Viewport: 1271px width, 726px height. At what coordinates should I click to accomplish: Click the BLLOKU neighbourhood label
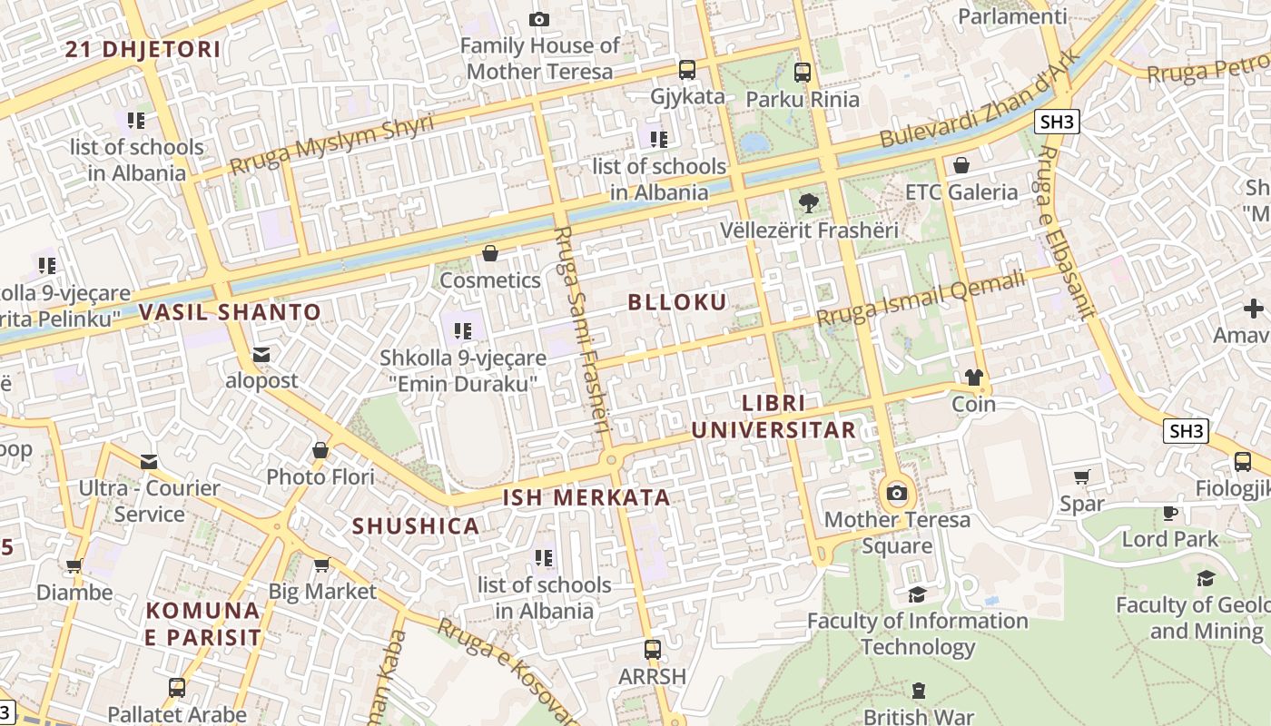(678, 302)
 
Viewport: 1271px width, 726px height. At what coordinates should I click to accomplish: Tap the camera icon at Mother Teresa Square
(897, 493)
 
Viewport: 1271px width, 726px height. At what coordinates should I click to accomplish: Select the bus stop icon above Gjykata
(687, 70)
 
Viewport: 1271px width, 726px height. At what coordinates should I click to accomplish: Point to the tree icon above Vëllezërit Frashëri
(807, 203)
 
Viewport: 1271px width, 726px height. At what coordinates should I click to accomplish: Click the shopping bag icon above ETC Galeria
(961, 165)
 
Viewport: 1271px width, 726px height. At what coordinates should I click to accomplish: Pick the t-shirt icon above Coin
(974, 378)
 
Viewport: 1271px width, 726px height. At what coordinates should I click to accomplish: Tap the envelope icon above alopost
(261, 354)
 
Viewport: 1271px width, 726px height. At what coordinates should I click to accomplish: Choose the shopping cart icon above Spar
(1082, 477)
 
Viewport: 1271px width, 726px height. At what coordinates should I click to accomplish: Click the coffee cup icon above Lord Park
(1170, 513)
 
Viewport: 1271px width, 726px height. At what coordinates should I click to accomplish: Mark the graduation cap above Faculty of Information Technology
(917, 594)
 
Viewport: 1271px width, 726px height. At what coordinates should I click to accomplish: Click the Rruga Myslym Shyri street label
(331, 144)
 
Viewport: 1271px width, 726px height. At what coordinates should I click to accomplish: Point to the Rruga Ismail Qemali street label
(921, 299)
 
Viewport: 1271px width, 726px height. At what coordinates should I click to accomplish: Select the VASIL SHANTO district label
(230, 312)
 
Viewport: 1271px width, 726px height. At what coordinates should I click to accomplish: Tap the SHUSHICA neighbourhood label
(416, 526)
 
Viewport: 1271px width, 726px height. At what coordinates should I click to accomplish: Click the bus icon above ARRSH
(652, 650)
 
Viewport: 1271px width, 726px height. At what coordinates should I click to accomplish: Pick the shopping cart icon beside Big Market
(321, 566)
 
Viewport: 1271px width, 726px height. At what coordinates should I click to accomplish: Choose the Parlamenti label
(1012, 16)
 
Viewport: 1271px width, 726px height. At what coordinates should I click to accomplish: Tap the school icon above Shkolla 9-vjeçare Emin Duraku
(463, 331)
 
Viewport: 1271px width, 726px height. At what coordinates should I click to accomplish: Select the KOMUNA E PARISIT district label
(203, 623)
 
